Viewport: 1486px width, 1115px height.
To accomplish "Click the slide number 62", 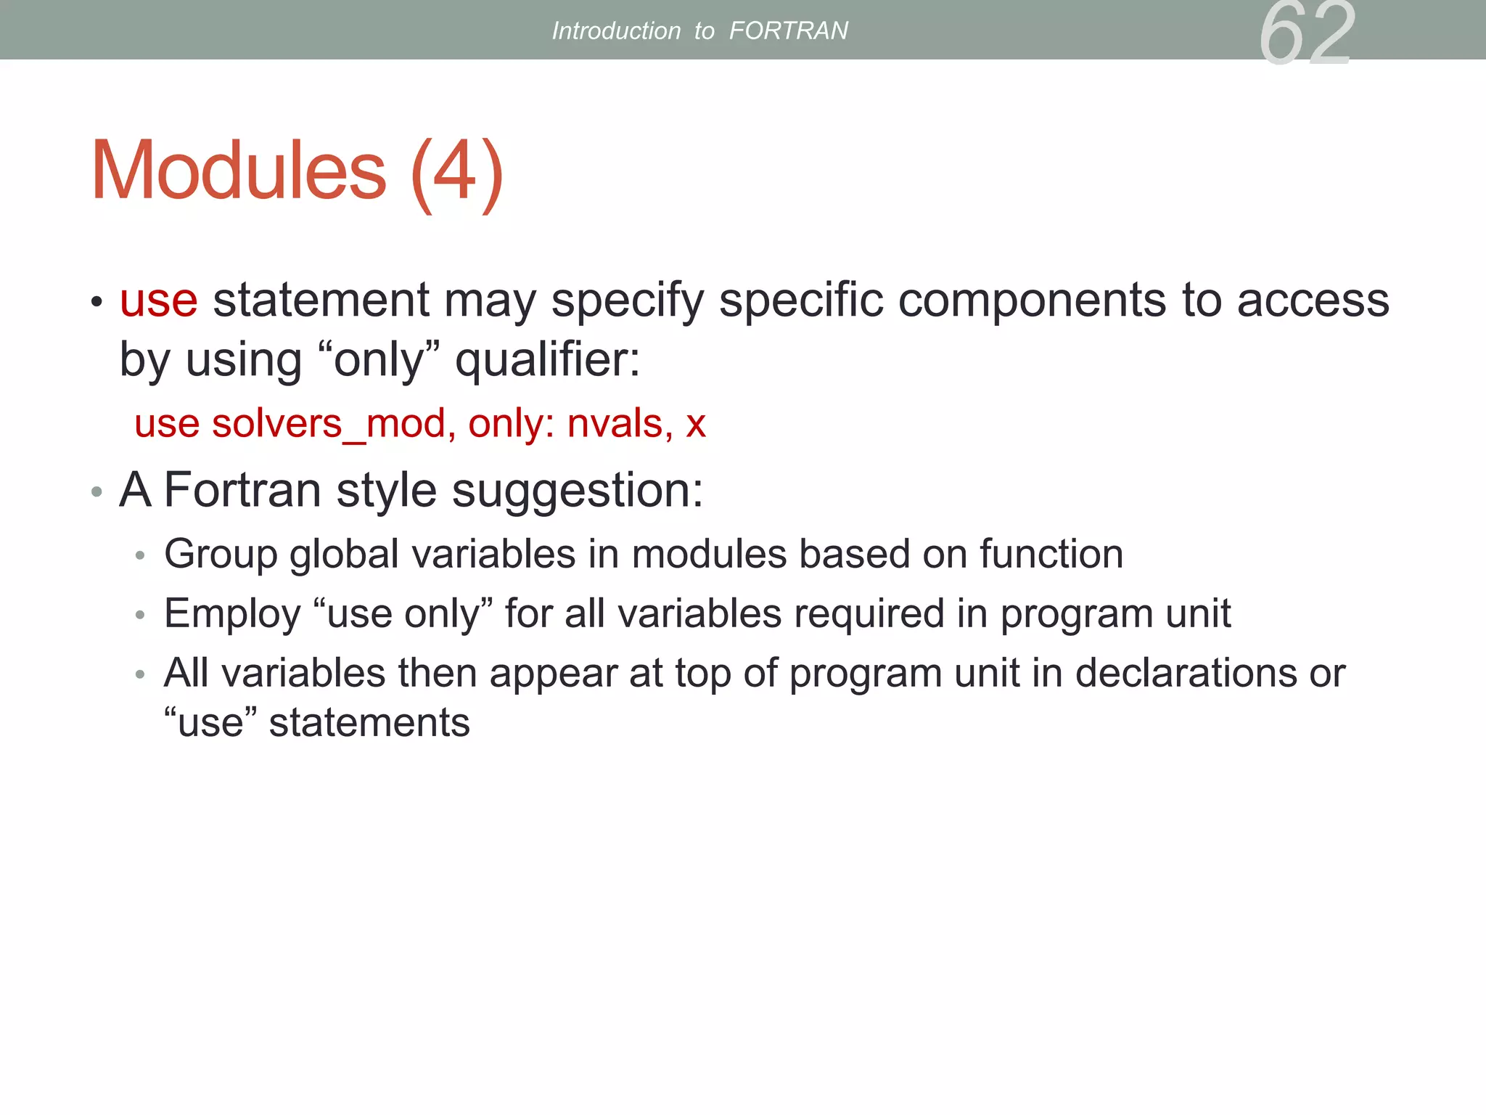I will coord(1307,33).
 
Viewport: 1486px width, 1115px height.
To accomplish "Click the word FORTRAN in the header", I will coord(788,30).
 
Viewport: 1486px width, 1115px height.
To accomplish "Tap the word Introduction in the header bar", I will coord(616,30).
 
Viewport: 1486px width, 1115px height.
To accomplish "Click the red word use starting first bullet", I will coord(158,300).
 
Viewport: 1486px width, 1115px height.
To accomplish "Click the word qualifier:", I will coord(548,359).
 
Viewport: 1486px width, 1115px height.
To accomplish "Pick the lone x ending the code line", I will coord(696,425).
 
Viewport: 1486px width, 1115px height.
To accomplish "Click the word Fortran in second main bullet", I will coord(242,490).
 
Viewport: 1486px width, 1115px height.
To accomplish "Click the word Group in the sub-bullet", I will coord(221,555).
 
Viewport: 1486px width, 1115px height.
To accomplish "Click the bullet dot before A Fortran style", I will coord(97,492).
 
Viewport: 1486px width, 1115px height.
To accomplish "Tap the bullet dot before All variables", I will coord(140,675).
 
